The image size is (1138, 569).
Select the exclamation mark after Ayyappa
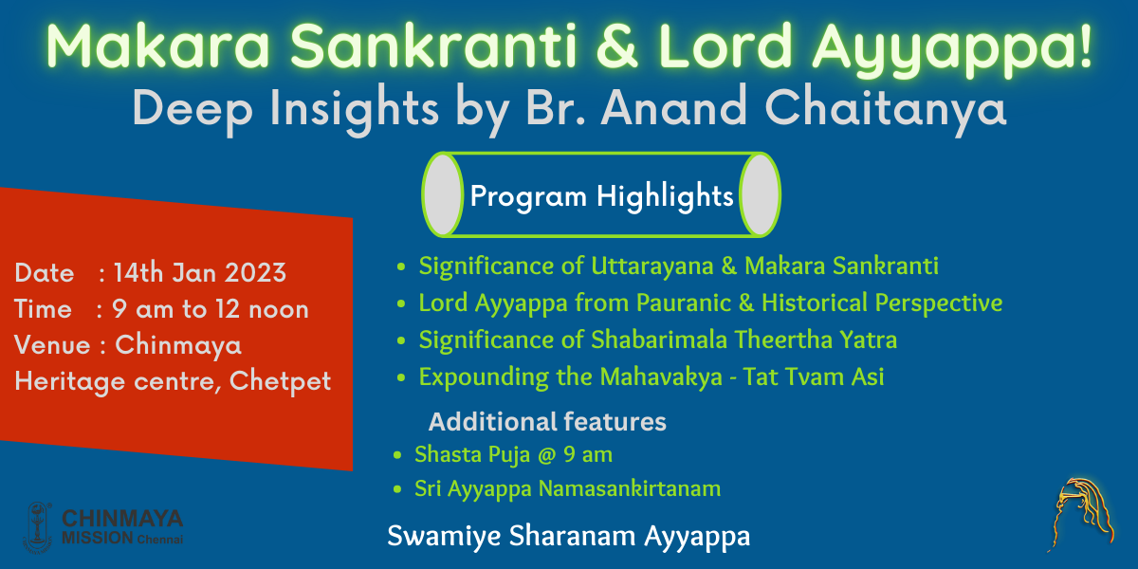point(1085,45)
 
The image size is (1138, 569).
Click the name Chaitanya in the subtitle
point(885,109)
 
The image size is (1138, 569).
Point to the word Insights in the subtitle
point(354,109)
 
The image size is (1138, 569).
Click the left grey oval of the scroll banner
point(443,194)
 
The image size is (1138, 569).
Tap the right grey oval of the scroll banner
point(760,194)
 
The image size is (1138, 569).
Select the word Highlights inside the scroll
point(665,196)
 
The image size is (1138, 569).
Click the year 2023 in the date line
point(255,273)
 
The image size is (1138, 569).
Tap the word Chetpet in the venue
point(280,381)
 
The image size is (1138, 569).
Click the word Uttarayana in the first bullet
point(652,266)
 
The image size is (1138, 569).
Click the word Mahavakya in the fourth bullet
point(661,377)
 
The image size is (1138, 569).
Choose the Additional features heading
point(547,422)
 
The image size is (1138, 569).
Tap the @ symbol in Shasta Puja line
point(546,455)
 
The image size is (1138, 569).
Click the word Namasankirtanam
point(630,488)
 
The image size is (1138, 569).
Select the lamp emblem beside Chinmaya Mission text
point(38,527)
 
